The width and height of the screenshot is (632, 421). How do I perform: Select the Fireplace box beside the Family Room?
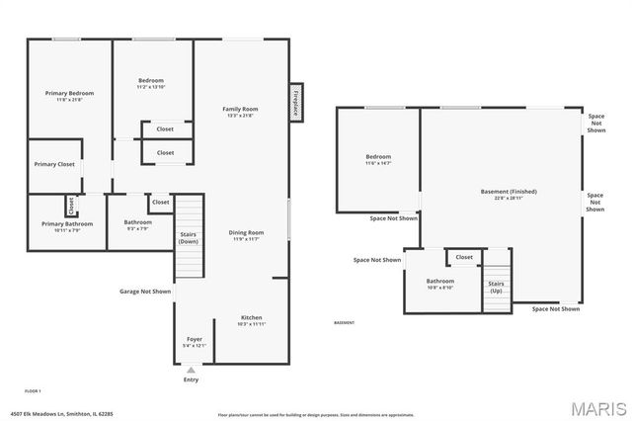[x=294, y=102]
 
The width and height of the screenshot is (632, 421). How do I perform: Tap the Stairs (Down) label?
[x=188, y=238]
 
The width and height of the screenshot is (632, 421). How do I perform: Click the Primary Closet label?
[x=54, y=164]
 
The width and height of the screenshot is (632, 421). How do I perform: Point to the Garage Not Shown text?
[x=145, y=292]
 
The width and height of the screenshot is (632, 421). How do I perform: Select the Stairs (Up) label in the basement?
[x=497, y=287]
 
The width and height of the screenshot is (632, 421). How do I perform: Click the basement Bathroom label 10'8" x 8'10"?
[x=440, y=284]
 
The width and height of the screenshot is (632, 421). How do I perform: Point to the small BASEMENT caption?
[x=344, y=323]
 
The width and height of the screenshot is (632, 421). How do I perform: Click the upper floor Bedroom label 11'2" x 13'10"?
[x=151, y=83]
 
